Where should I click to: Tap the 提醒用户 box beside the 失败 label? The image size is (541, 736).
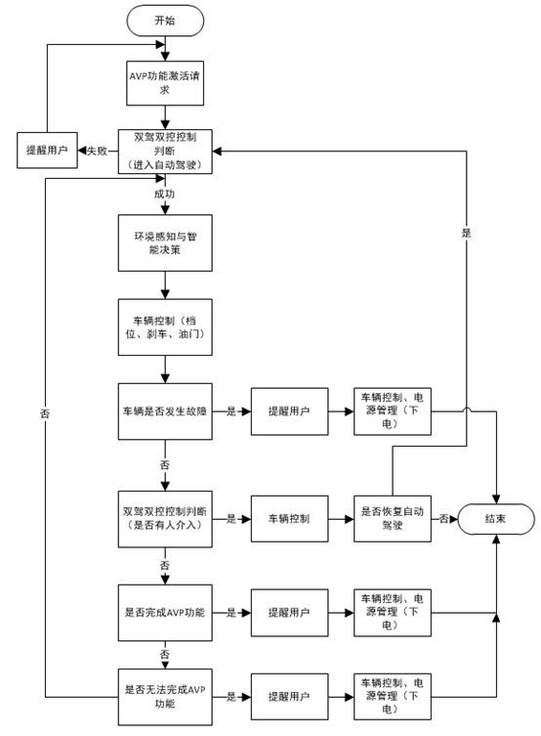(49, 152)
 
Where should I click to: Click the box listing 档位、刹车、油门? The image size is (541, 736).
(167, 326)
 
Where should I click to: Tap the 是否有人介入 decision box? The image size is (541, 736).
(167, 518)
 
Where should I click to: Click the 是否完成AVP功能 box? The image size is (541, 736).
(167, 613)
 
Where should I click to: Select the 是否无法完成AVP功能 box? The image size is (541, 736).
(167, 696)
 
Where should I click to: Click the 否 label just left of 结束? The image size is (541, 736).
(443, 518)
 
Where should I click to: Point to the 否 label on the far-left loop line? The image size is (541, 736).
(45, 414)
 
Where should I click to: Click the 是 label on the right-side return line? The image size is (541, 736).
(466, 234)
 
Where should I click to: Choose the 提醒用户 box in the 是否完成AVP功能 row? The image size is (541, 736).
(290, 613)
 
